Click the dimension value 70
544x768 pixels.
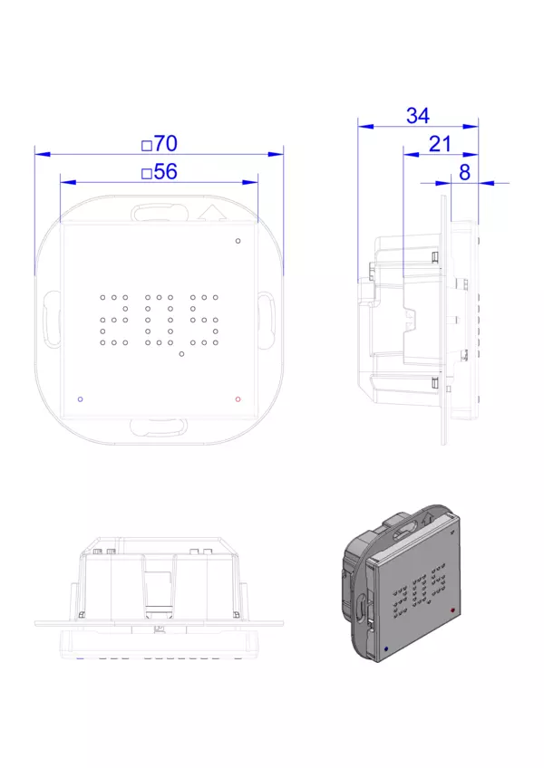166,144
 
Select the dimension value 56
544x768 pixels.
166,172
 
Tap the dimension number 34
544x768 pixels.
418,116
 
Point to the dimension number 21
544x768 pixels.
440,145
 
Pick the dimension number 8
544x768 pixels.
464,172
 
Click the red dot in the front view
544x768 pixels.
238,399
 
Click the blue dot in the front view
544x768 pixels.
81,399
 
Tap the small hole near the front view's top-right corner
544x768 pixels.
238,241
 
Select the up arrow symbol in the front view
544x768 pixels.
212,213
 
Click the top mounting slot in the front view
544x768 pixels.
160,214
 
